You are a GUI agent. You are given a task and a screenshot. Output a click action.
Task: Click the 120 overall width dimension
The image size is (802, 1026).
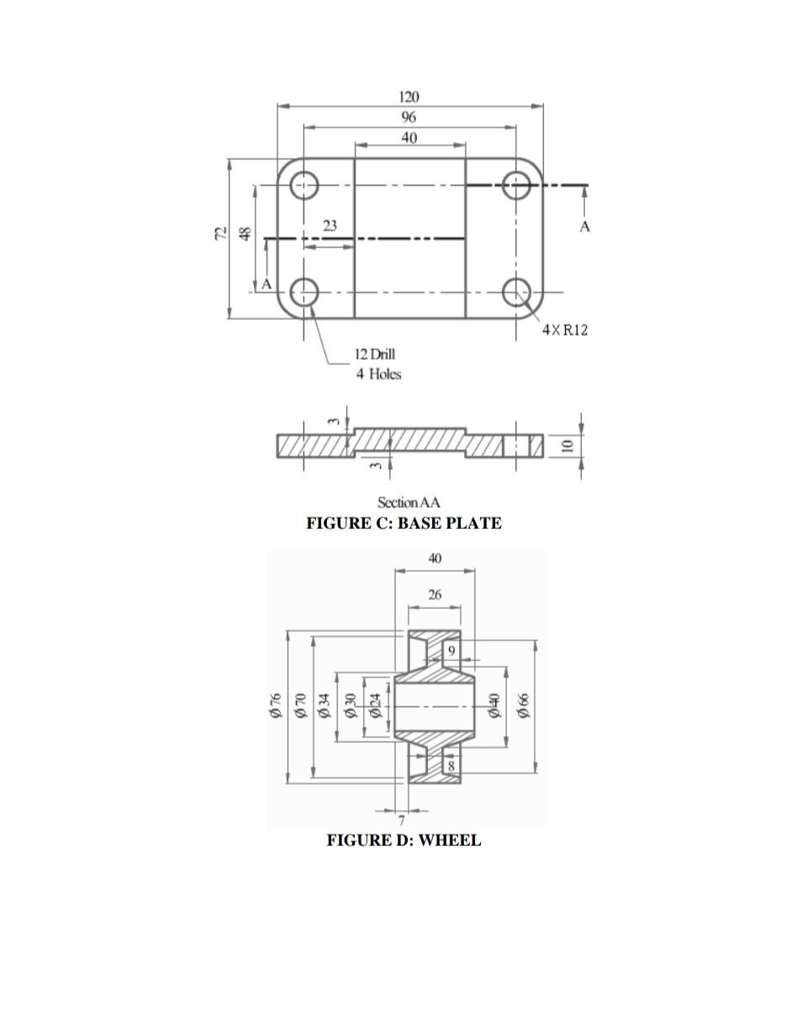coord(409,98)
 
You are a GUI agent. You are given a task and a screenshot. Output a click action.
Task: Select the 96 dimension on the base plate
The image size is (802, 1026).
coord(409,118)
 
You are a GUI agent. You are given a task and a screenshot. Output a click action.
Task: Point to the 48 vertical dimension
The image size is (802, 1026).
coord(245,234)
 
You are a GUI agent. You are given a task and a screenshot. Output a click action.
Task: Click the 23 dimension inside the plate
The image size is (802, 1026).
coord(330,225)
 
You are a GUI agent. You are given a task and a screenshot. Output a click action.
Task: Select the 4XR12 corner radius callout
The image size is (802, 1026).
coord(565,330)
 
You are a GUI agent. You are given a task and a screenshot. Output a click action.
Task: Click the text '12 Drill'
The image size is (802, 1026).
coord(374,354)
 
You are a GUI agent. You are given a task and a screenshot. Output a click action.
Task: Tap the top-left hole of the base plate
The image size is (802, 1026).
coord(304,185)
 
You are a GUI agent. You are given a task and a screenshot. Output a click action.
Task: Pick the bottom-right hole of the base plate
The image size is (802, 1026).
coord(516,293)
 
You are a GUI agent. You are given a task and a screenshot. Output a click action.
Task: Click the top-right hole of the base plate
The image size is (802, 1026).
coord(516,185)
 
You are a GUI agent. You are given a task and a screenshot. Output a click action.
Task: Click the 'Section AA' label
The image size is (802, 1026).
coord(409,503)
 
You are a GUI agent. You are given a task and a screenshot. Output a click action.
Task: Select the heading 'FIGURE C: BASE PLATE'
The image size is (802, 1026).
coord(404,523)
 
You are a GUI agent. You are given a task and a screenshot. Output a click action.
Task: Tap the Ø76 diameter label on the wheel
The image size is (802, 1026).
coord(275,706)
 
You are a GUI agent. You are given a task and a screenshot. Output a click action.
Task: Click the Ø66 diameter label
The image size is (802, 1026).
coord(524,706)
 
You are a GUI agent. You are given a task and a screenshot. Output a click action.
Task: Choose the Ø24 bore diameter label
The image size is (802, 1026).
coord(377,706)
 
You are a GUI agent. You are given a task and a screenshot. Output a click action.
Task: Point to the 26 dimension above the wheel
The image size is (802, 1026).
coord(434,595)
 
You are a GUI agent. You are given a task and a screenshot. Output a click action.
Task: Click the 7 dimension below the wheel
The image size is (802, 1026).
coord(402,820)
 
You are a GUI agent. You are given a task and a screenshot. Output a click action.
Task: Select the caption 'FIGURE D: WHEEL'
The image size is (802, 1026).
coord(404,840)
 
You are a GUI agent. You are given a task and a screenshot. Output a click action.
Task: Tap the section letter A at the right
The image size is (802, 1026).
coord(585,226)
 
